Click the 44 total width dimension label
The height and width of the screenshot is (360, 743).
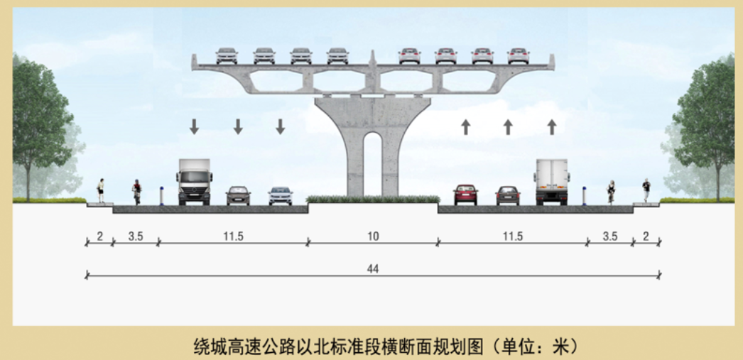pyautogui.click(x=373, y=269)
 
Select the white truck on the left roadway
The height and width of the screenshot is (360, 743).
pyautogui.click(x=195, y=182)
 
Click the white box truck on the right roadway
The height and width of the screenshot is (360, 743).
pyautogui.click(x=551, y=182)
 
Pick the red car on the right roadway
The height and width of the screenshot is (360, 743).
pyautogui.click(x=465, y=195)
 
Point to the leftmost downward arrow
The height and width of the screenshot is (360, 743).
pyautogui.click(x=195, y=126)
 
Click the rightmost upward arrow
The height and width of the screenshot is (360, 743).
pyautogui.click(x=551, y=126)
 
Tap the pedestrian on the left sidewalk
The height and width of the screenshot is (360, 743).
pyautogui.click(x=100, y=190)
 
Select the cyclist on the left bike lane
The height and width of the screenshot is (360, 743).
pyautogui.click(x=136, y=192)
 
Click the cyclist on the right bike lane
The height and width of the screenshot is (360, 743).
pyautogui.click(x=612, y=192)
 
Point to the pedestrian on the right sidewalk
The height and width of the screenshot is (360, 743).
pyautogui.click(x=646, y=190)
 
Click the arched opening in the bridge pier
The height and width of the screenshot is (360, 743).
pyautogui.click(x=373, y=163)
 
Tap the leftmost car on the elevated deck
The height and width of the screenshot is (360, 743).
pyautogui.click(x=227, y=56)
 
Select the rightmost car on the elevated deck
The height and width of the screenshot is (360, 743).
pyautogui.click(x=519, y=56)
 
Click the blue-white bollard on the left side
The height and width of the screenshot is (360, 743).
pyautogui.click(x=161, y=196)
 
